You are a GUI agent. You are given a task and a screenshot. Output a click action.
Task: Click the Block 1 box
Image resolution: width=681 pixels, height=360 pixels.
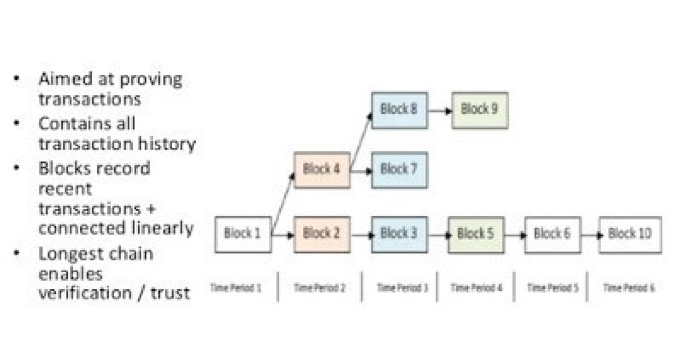click(243, 234)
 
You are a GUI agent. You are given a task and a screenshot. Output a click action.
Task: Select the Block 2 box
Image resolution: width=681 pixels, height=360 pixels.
click(321, 234)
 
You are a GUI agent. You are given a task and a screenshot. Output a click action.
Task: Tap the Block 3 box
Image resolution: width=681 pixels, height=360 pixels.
click(399, 234)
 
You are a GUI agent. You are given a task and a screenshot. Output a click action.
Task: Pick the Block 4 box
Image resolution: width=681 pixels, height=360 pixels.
click(321, 169)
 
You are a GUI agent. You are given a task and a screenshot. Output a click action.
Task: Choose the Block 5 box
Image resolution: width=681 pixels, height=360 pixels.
click(476, 234)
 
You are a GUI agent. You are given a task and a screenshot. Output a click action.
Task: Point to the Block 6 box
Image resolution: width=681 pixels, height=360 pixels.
click(552, 234)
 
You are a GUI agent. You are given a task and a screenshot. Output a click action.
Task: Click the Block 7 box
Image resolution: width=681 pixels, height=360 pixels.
click(399, 169)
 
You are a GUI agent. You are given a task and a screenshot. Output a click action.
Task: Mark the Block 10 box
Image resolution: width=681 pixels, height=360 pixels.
click(630, 234)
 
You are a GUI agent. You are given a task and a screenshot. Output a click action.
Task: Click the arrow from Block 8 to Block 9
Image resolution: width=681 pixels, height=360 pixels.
click(440, 111)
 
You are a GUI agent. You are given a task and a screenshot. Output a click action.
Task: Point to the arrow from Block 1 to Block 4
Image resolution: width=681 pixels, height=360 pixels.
click(283, 202)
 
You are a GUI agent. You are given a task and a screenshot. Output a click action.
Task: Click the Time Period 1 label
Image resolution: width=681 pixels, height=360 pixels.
click(236, 287)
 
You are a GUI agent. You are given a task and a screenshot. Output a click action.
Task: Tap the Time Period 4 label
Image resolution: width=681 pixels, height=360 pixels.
click(476, 287)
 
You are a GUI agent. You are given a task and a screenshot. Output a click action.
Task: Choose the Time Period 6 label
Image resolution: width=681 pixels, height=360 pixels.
click(629, 287)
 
